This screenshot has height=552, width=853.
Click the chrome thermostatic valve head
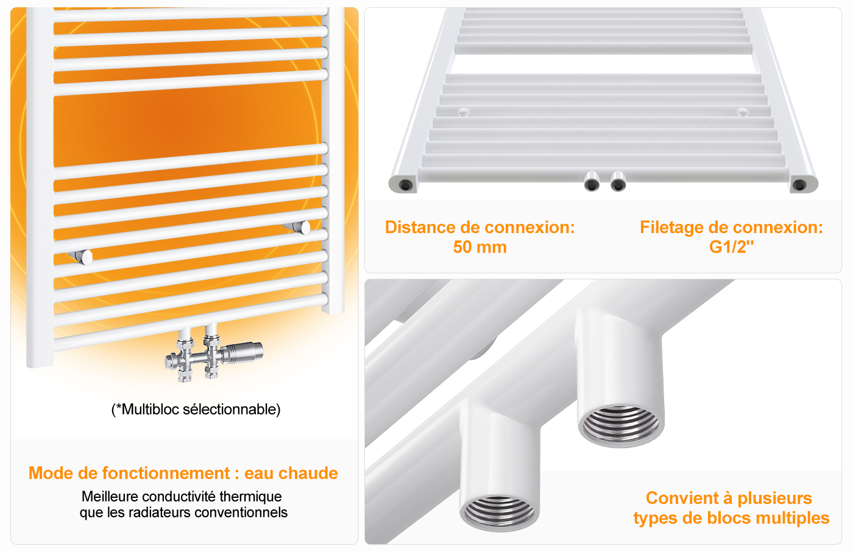243,352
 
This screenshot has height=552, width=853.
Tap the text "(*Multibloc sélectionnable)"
196,410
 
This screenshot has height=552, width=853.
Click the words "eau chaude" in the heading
291,473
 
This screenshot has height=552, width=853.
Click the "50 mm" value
480,247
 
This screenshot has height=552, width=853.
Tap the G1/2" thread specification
731,247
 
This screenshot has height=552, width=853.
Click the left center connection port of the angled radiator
592,181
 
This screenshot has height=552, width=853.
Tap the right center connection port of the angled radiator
618,181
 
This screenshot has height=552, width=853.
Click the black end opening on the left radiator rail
405,185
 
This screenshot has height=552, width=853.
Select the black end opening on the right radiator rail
799,185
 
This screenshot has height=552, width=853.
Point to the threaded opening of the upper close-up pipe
621,425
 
